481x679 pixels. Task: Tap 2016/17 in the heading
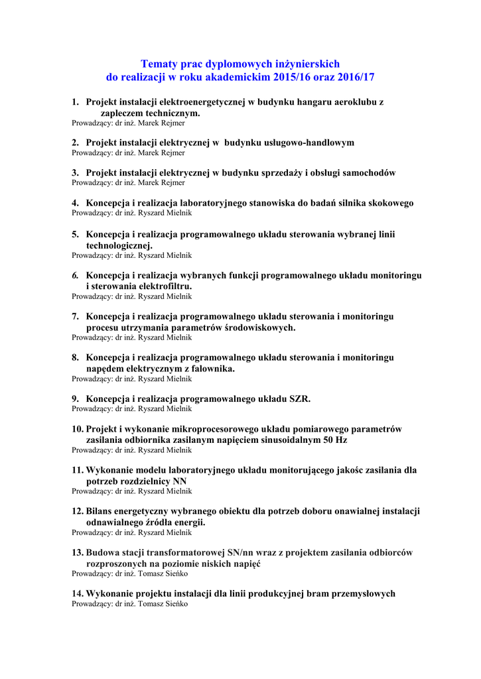coord(355,78)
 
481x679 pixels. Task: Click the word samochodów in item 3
coord(370,172)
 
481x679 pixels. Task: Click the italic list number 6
coord(76,275)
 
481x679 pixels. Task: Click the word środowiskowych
coord(258,327)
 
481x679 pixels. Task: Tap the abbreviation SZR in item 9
coord(299,399)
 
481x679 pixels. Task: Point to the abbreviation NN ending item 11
coord(180,481)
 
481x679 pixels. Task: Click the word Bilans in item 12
coord(101,511)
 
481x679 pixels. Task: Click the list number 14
coord(78,593)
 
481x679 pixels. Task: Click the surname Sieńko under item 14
coord(176,604)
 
